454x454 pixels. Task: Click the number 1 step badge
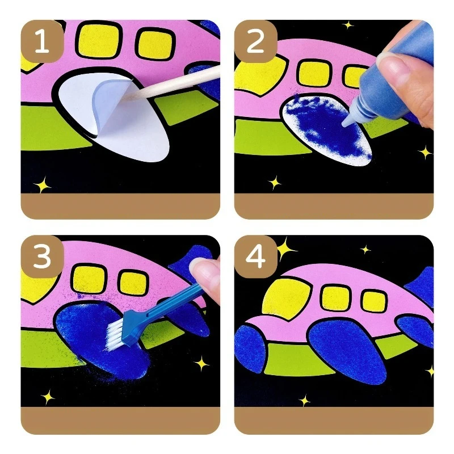[x=41, y=43]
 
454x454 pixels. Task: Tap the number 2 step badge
[x=255, y=43]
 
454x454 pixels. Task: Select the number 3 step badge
[x=41, y=257]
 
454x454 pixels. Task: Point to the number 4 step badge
[x=255, y=257]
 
